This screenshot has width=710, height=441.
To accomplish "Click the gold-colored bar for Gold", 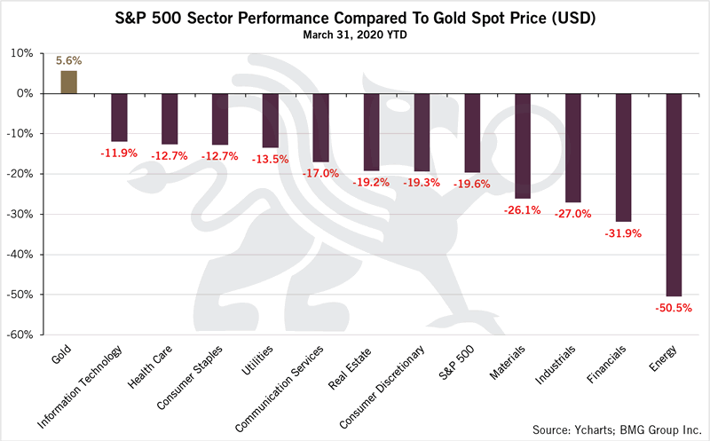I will [x=68, y=82].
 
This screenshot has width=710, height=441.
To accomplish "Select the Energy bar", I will [x=674, y=194].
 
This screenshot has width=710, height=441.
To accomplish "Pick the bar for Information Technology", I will [x=119, y=117].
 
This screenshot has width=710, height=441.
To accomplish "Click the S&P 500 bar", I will [x=472, y=133].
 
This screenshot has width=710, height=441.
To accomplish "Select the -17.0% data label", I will [x=321, y=174].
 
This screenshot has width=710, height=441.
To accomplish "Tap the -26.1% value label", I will [x=523, y=210].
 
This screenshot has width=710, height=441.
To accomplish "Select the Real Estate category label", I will [x=356, y=366].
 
